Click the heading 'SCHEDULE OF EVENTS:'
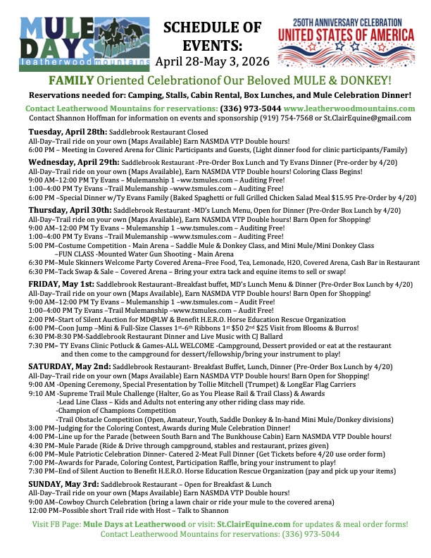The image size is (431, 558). tap(213, 36)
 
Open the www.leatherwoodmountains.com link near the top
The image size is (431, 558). tap(349, 108)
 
